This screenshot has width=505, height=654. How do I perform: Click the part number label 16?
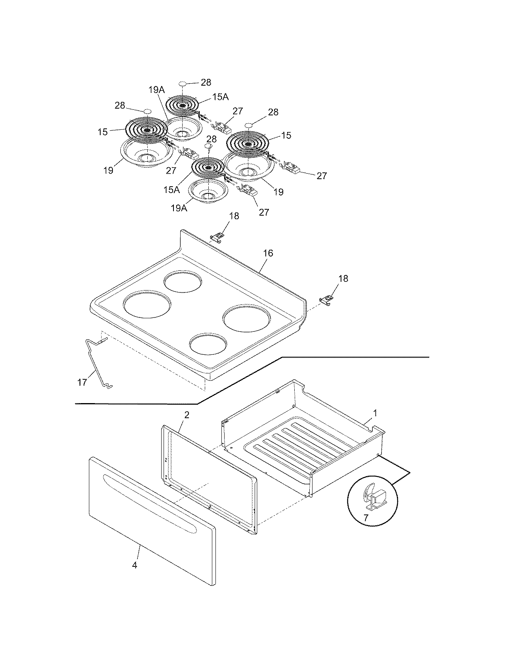coord(268,253)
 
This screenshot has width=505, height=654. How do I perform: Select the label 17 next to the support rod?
coord(82,382)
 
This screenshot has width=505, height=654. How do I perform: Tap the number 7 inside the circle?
coord(366,518)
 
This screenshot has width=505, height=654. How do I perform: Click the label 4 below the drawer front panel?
coord(135,565)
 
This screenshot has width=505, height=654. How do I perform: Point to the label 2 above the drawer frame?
coord(187,415)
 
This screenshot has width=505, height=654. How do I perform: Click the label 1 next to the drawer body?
coord(375,413)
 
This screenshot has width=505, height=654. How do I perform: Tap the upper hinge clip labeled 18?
coord(216,237)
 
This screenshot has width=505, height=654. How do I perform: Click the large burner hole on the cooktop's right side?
coord(247,318)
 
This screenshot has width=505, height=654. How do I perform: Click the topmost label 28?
coord(206,82)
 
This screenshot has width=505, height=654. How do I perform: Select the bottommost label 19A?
coord(179,208)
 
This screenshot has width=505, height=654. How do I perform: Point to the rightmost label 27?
coord(322,176)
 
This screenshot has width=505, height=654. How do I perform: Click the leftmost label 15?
coord(103,132)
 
